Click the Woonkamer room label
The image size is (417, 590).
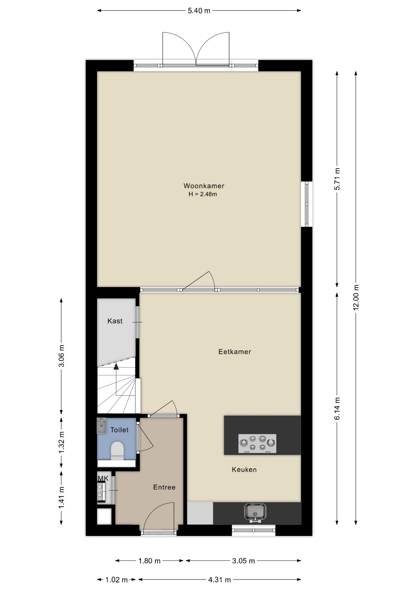[204, 186]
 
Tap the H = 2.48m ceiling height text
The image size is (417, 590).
[203, 194]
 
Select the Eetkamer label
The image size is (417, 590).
[235, 352]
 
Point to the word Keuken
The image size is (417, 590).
[244, 470]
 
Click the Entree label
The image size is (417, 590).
[164, 487]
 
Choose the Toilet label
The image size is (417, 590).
[119, 430]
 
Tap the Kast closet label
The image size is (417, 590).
[115, 321]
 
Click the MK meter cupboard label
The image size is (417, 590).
[103, 478]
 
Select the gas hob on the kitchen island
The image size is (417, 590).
[257, 443]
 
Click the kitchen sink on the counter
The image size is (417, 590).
[255, 513]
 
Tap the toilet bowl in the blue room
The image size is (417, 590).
[117, 451]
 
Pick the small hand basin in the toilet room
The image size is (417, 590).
[101, 425]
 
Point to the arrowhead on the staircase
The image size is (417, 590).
[116, 366]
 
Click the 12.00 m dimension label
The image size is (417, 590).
[356, 297]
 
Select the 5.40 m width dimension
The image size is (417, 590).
[199, 11]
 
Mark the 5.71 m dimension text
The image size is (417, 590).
[337, 179]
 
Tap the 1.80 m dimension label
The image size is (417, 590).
[149, 561]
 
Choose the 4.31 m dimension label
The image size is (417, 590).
[220, 580]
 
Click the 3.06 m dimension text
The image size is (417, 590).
[61, 356]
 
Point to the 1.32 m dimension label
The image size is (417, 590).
[61, 442]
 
